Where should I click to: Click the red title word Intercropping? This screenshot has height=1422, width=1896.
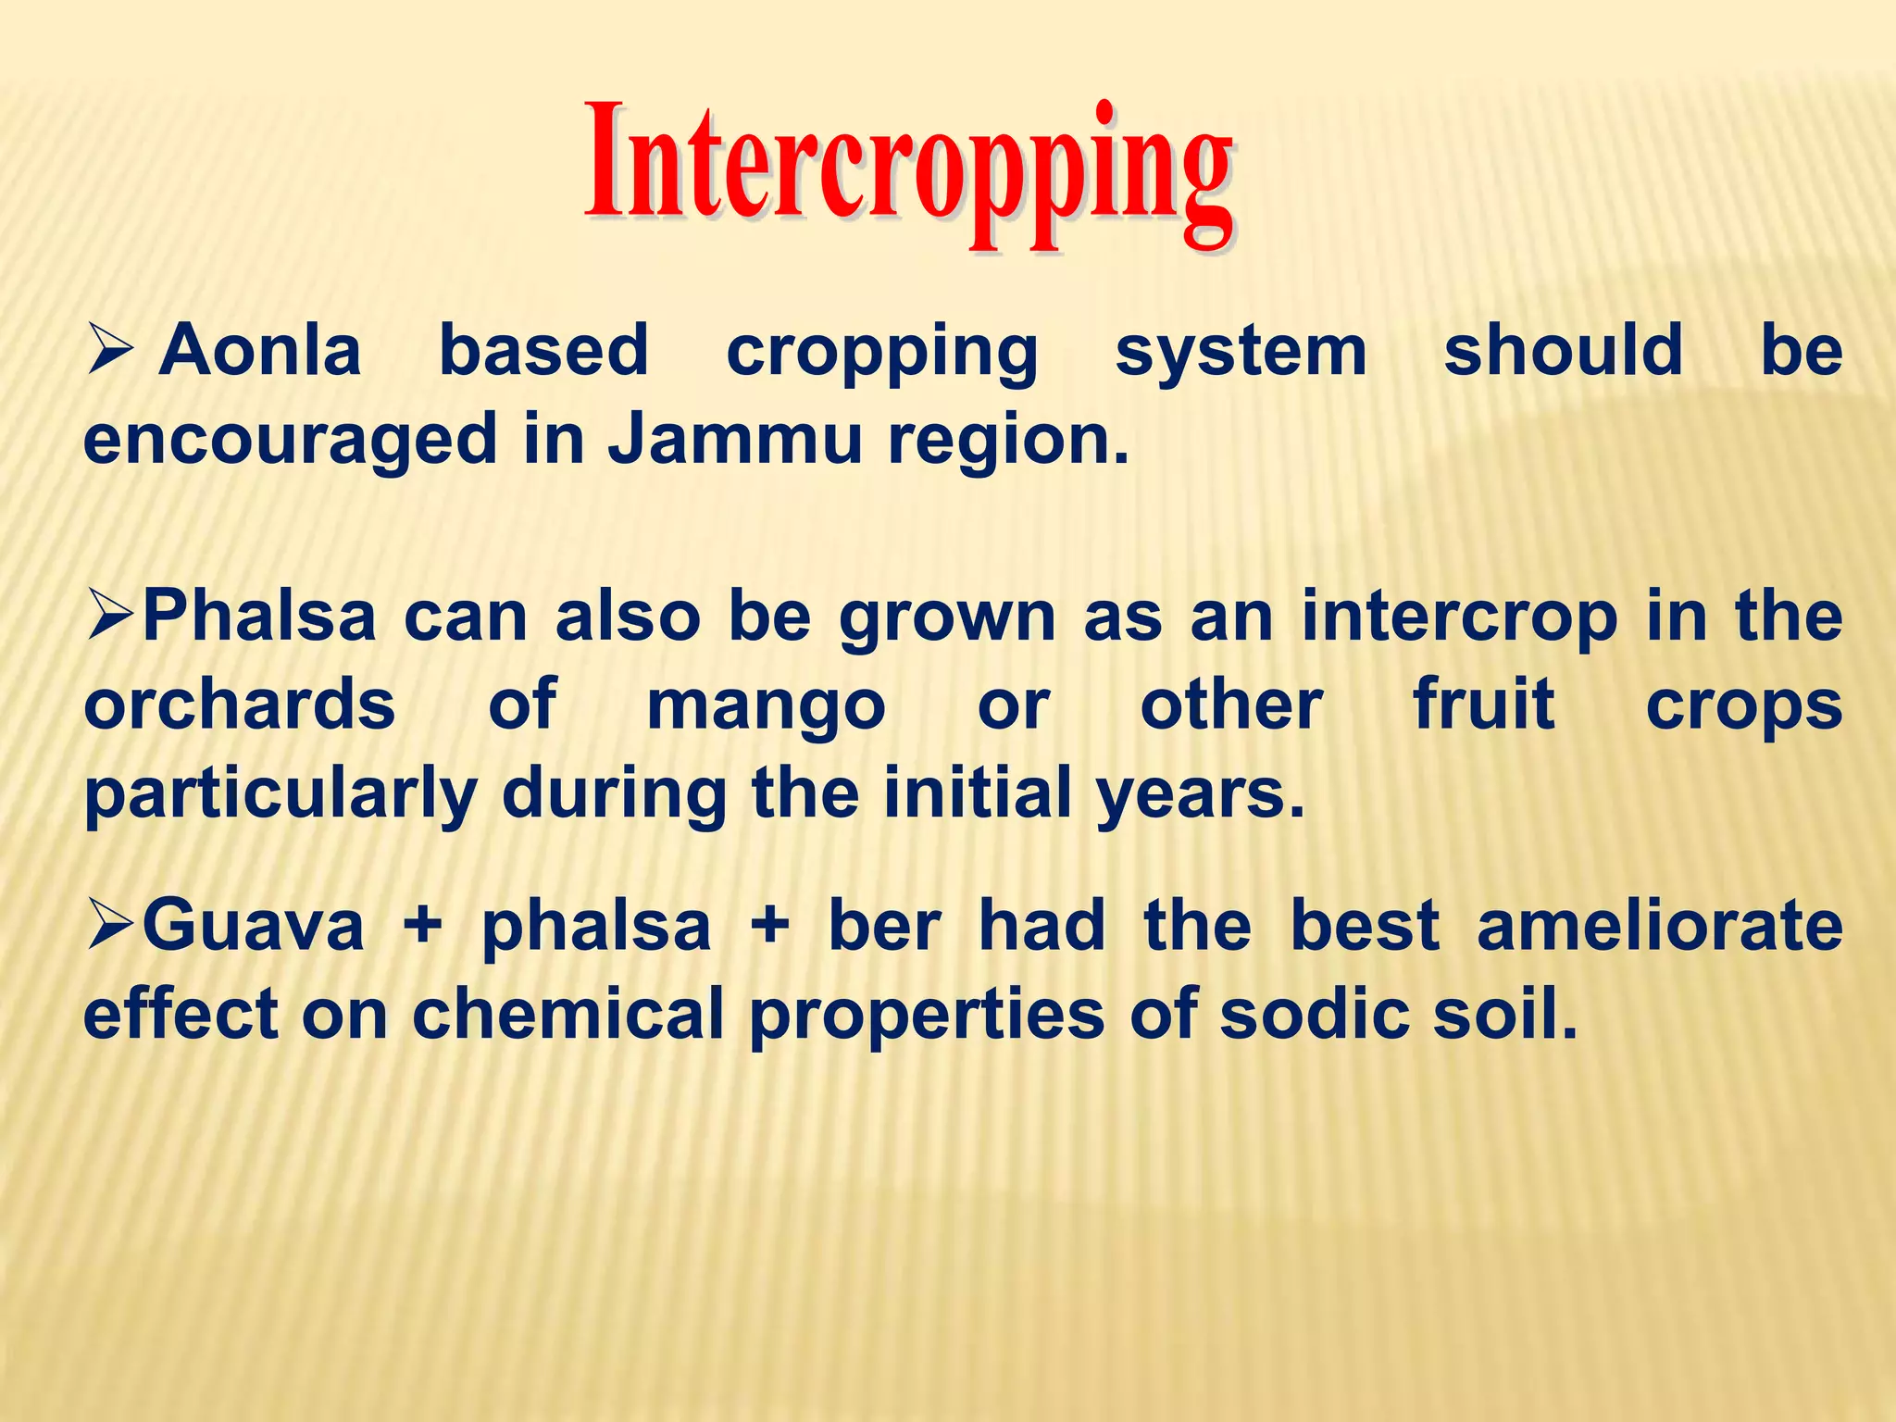click(908, 171)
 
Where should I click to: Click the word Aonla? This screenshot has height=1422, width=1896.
click(260, 352)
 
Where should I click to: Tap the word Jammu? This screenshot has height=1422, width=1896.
click(735, 439)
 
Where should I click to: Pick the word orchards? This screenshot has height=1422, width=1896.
click(240, 705)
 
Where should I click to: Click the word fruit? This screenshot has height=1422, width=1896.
click(1484, 705)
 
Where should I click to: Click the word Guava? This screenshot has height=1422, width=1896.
click(254, 926)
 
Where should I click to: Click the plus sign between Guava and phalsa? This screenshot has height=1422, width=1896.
click(423, 927)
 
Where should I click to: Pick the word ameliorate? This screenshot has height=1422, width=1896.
click(1659, 926)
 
